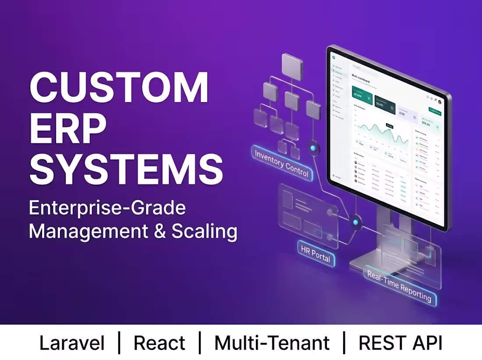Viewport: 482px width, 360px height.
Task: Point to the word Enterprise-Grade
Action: tap(107, 207)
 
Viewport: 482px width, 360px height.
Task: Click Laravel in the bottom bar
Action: tap(72, 343)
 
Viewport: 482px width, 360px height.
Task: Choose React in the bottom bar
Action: tap(159, 343)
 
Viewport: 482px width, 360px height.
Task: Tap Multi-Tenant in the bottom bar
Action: tap(272, 343)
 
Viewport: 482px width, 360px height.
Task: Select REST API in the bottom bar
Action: tap(400, 343)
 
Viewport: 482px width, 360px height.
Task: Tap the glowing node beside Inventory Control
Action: tap(313, 148)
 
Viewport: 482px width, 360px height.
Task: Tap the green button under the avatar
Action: tap(435, 112)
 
